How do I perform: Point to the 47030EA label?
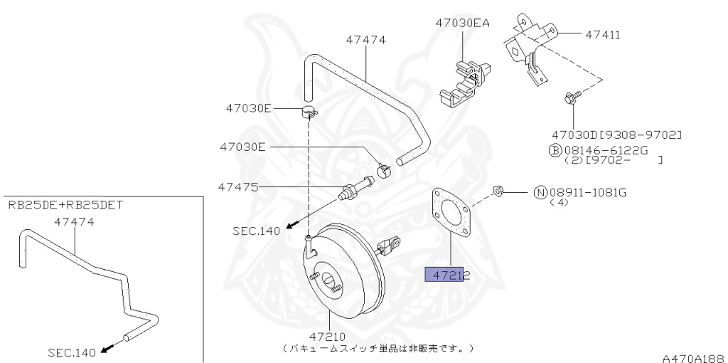[463, 23]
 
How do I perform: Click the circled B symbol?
[555, 150]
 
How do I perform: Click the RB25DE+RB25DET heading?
[65, 205]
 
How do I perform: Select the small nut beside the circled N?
[498, 191]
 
